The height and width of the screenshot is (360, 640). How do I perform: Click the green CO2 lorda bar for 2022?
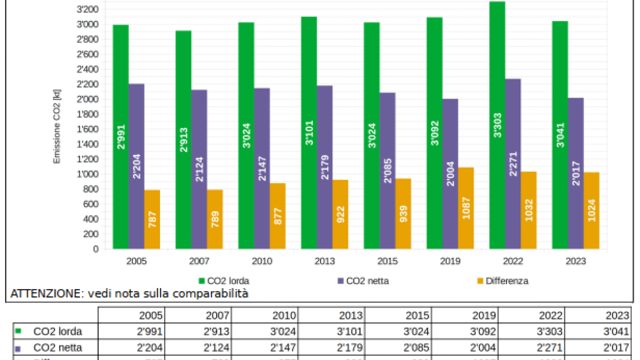pos(497,125)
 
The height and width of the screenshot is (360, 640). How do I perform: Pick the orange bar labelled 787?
pos(152,219)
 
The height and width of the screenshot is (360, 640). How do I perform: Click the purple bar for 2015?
pos(387,170)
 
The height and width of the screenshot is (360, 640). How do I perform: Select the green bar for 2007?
pos(183,139)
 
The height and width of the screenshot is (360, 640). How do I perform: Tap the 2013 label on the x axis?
pos(325,261)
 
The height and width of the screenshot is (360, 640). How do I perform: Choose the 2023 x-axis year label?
pos(575,261)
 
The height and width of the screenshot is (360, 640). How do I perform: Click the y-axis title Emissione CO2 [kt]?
pos(57,126)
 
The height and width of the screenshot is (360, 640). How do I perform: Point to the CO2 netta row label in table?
pos(57,347)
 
